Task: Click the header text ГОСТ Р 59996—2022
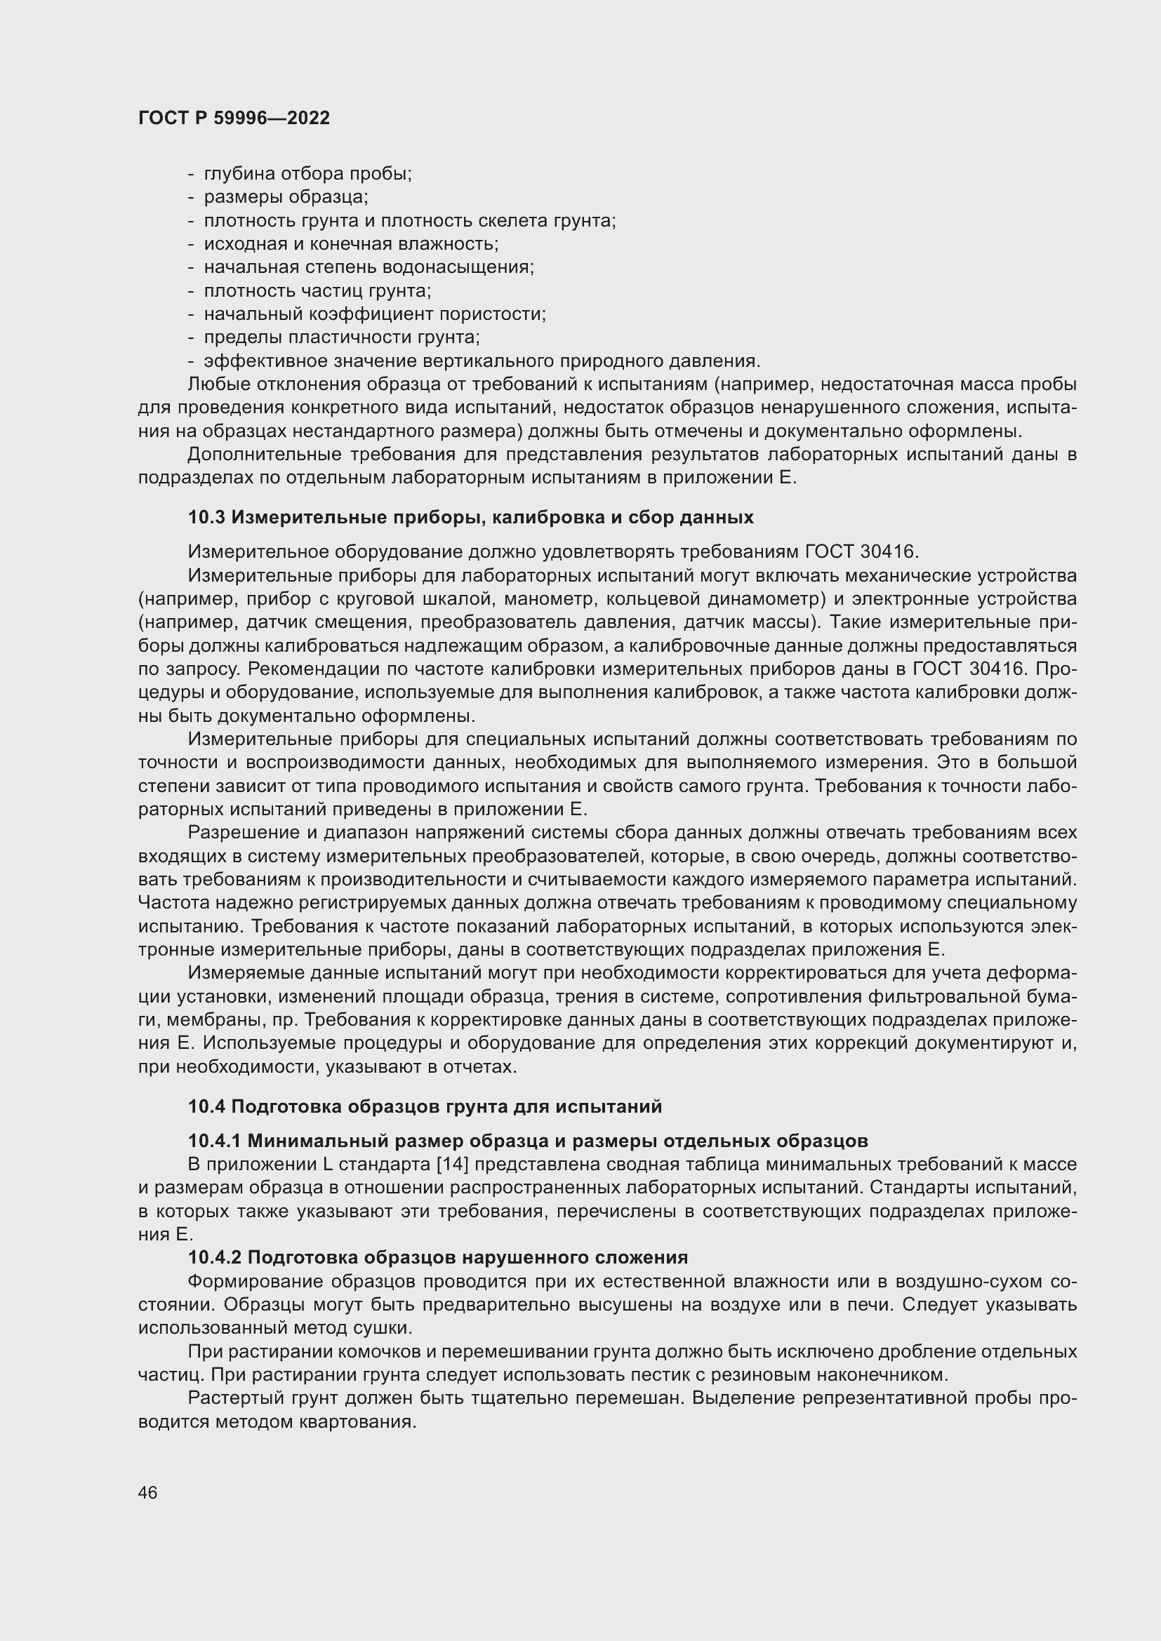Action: pyautogui.click(x=234, y=119)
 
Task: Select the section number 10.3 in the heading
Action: pyautogui.click(x=206, y=517)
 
